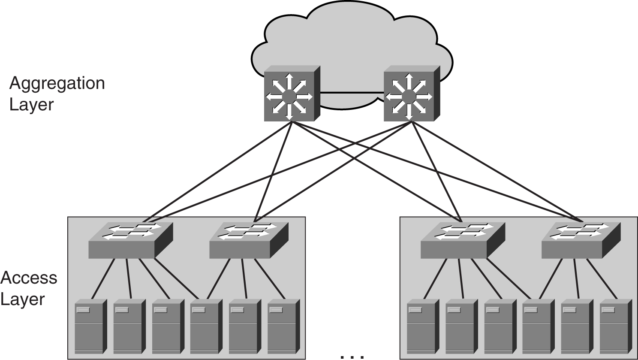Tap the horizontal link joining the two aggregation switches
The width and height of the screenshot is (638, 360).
[352, 92]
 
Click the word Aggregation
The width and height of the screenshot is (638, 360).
[57, 83]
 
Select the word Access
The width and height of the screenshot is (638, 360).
[29, 278]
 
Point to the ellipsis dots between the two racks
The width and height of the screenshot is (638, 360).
[352, 356]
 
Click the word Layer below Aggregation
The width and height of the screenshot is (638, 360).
[32, 104]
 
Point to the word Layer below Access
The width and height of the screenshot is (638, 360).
[22, 299]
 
